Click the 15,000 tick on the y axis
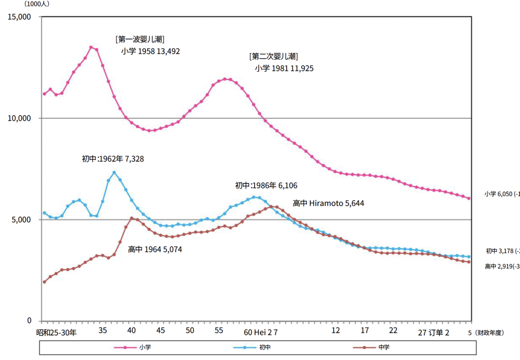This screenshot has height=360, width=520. pos(21,17)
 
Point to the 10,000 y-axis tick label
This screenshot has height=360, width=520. pos(21,118)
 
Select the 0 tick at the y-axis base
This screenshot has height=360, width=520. pos(29,321)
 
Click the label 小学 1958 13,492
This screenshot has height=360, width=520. pos(150,51)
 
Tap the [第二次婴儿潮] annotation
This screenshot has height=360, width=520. pos(273,56)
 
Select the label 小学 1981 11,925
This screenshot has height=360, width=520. pos(284,68)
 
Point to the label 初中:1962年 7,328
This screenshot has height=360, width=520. pos(113,159)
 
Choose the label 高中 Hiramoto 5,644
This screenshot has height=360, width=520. pos(328,203)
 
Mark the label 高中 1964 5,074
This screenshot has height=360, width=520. pos(155,249)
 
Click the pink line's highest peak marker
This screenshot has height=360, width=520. pos(91,47)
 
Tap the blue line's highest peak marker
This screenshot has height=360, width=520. pos(114,172)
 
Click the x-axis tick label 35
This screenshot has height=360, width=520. pos(103,331)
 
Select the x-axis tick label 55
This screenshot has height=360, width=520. pos(219,331)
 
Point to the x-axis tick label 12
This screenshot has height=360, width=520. pos(336,331)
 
